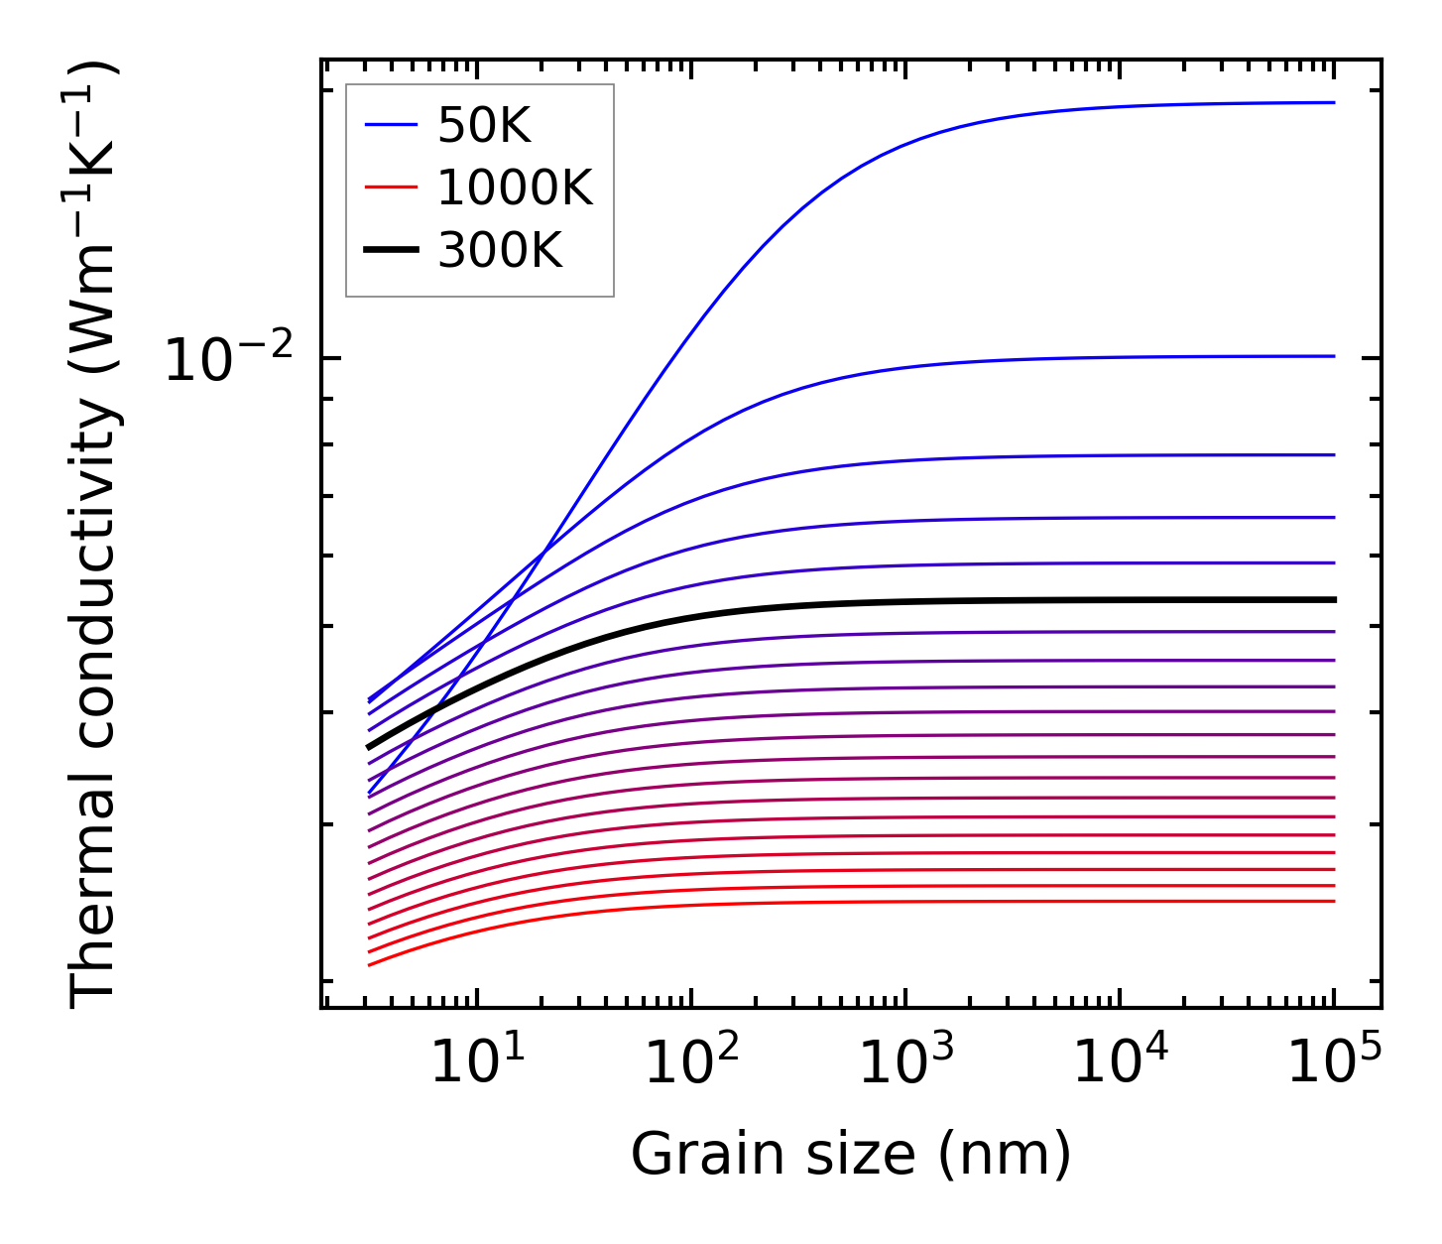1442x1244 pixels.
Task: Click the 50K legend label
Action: pyautogui.click(x=484, y=126)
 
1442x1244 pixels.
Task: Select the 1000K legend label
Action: pyautogui.click(x=515, y=188)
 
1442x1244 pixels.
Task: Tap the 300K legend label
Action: pyautogui.click(x=500, y=251)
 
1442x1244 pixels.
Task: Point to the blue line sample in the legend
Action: pyautogui.click(x=393, y=126)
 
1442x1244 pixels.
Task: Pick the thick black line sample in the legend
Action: pyautogui.click(x=393, y=251)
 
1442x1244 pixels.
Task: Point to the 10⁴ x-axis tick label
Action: pyautogui.click(x=1120, y=1062)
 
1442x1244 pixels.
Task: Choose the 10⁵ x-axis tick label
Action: pyautogui.click(x=1334, y=1062)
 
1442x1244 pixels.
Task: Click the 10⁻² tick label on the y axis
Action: pyautogui.click(x=229, y=360)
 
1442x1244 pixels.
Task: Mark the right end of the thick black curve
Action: pyautogui.click(x=1335, y=599)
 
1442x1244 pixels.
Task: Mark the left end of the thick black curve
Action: pyautogui.click(x=369, y=747)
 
